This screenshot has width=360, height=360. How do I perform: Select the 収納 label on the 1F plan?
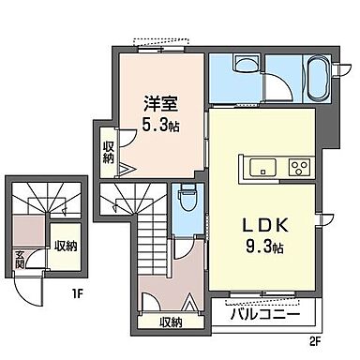pyautogui.click(x=65, y=247)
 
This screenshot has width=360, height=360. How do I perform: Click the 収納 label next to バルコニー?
pyautogui.click(x=171, y=322)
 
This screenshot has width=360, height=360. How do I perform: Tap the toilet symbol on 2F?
pyautogui.click(x=186, y=199)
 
